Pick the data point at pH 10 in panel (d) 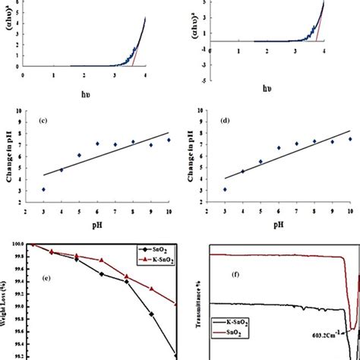click(350, 139)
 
